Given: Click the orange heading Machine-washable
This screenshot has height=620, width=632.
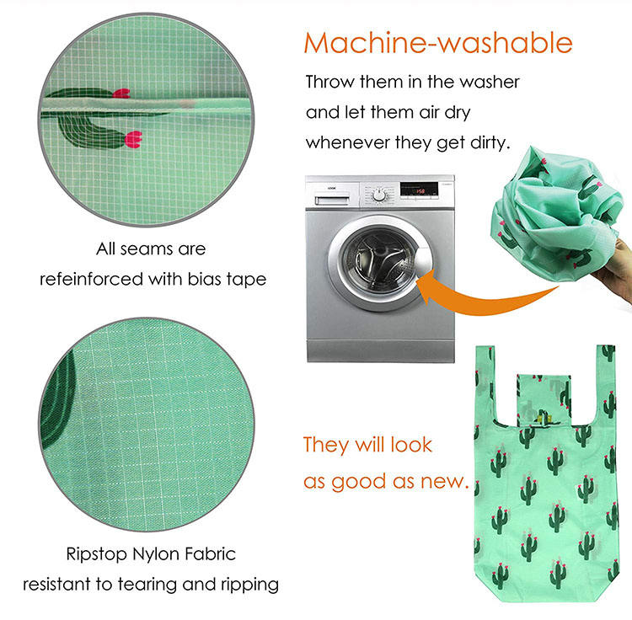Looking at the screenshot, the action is (x=438, y=43).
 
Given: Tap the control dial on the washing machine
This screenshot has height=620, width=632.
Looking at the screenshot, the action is (x=379, y=195).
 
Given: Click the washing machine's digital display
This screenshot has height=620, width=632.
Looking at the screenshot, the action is (x=419, y=190).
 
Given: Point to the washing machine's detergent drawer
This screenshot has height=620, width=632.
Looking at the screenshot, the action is (x=332, y=200).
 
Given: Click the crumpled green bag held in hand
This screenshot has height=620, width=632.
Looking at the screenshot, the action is (x=555, y=214).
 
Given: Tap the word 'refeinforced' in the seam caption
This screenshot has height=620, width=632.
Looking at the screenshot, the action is (x=92, y=279).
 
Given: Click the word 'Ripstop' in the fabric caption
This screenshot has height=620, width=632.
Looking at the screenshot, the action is (x=96, y=555).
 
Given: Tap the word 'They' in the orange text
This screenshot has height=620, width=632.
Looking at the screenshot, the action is (x=325, y=445).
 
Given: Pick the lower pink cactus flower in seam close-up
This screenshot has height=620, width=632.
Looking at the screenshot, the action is (x=133, y=139).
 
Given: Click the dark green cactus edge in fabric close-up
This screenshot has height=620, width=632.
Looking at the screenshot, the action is (x=57, y=403).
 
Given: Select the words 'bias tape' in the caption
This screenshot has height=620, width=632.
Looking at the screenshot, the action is (x=227, y=279).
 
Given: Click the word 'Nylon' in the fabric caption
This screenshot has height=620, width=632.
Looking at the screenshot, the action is (x=156, y=555).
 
